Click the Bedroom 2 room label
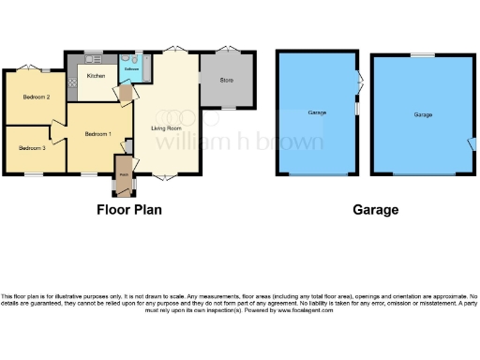tap(36, 97)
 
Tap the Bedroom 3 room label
tap(33, 148)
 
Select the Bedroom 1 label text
tap(98, 134)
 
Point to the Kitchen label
tap(96, 76)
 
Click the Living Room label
tap(166, 129)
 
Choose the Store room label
tap(226, 80)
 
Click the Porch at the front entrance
tap(124, 173)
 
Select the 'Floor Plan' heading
tap(129, 210)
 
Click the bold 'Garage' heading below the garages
tap(375, 210)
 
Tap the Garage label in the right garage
tap(423, 115)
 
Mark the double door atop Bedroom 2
tap(30, 66)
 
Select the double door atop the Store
tap(226, 50)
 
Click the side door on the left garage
tap(357, 84)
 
